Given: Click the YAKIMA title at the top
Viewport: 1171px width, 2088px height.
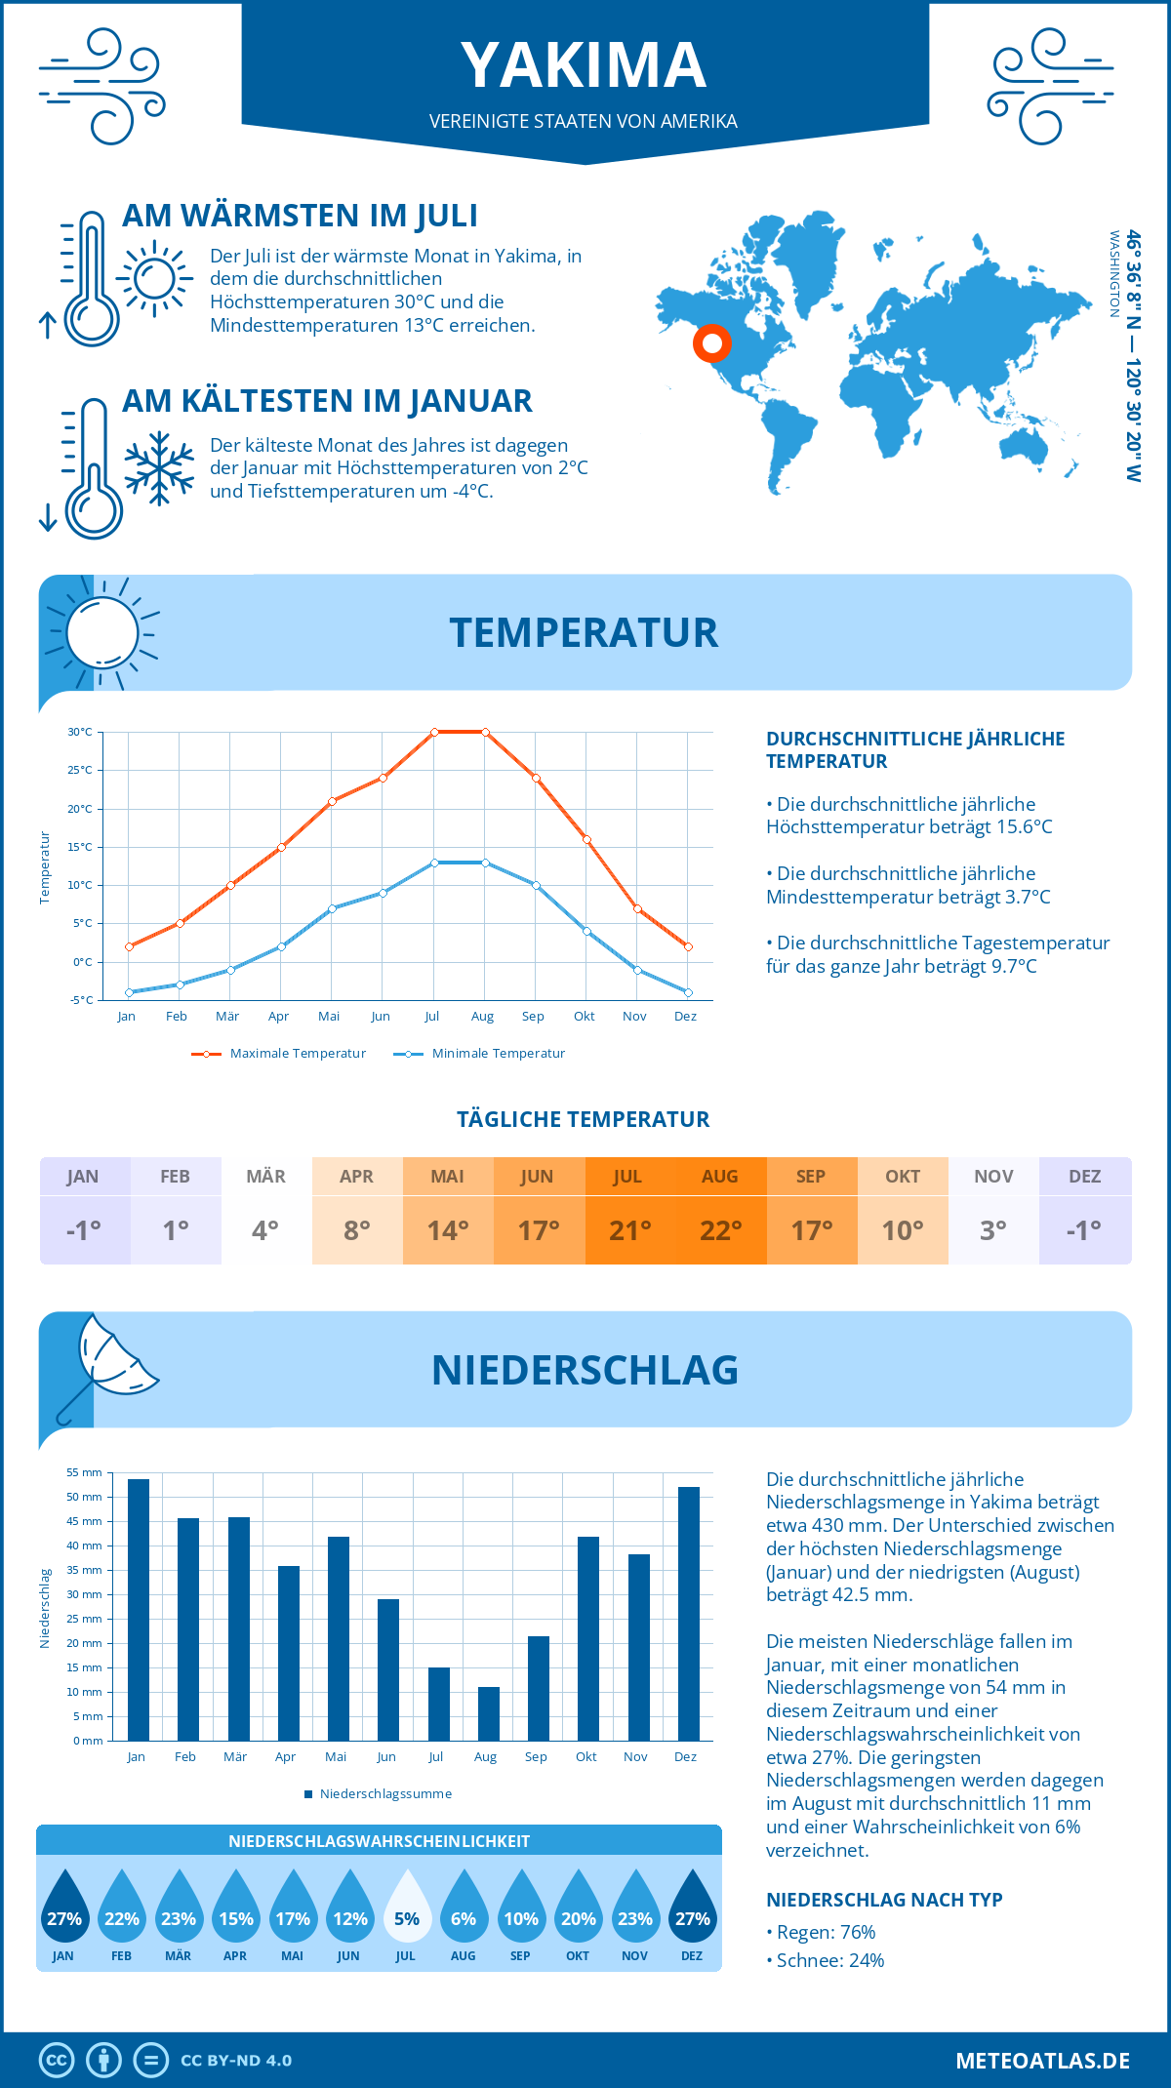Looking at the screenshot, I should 584,66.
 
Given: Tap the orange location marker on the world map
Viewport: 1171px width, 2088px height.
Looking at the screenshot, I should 712,343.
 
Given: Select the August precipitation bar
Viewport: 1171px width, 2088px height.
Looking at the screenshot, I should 488,1713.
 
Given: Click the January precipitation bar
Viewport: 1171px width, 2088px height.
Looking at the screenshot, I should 139,1610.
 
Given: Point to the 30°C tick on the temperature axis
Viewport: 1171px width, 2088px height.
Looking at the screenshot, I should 80,732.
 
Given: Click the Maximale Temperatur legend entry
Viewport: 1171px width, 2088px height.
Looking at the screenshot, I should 279,1054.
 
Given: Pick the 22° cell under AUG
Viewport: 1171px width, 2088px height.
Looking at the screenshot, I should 720,1230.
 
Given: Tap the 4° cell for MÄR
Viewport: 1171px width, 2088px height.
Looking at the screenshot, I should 265,1230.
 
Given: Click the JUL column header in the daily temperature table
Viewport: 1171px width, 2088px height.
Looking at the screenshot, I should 627,1177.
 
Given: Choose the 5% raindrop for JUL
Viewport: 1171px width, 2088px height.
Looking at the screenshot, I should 407,1908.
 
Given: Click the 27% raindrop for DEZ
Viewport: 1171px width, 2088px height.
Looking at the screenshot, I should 692,1908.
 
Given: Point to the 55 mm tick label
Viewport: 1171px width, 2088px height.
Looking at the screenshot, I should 85,1472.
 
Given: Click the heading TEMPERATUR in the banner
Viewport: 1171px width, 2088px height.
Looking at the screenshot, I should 584,632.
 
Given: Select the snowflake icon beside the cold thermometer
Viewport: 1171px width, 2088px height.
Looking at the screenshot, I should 159,468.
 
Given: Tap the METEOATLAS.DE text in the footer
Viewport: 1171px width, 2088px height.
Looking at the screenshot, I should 1042,2061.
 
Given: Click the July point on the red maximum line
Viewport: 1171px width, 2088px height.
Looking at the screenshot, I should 434,732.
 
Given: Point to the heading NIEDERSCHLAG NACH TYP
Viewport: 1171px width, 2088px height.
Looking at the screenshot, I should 884,1900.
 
